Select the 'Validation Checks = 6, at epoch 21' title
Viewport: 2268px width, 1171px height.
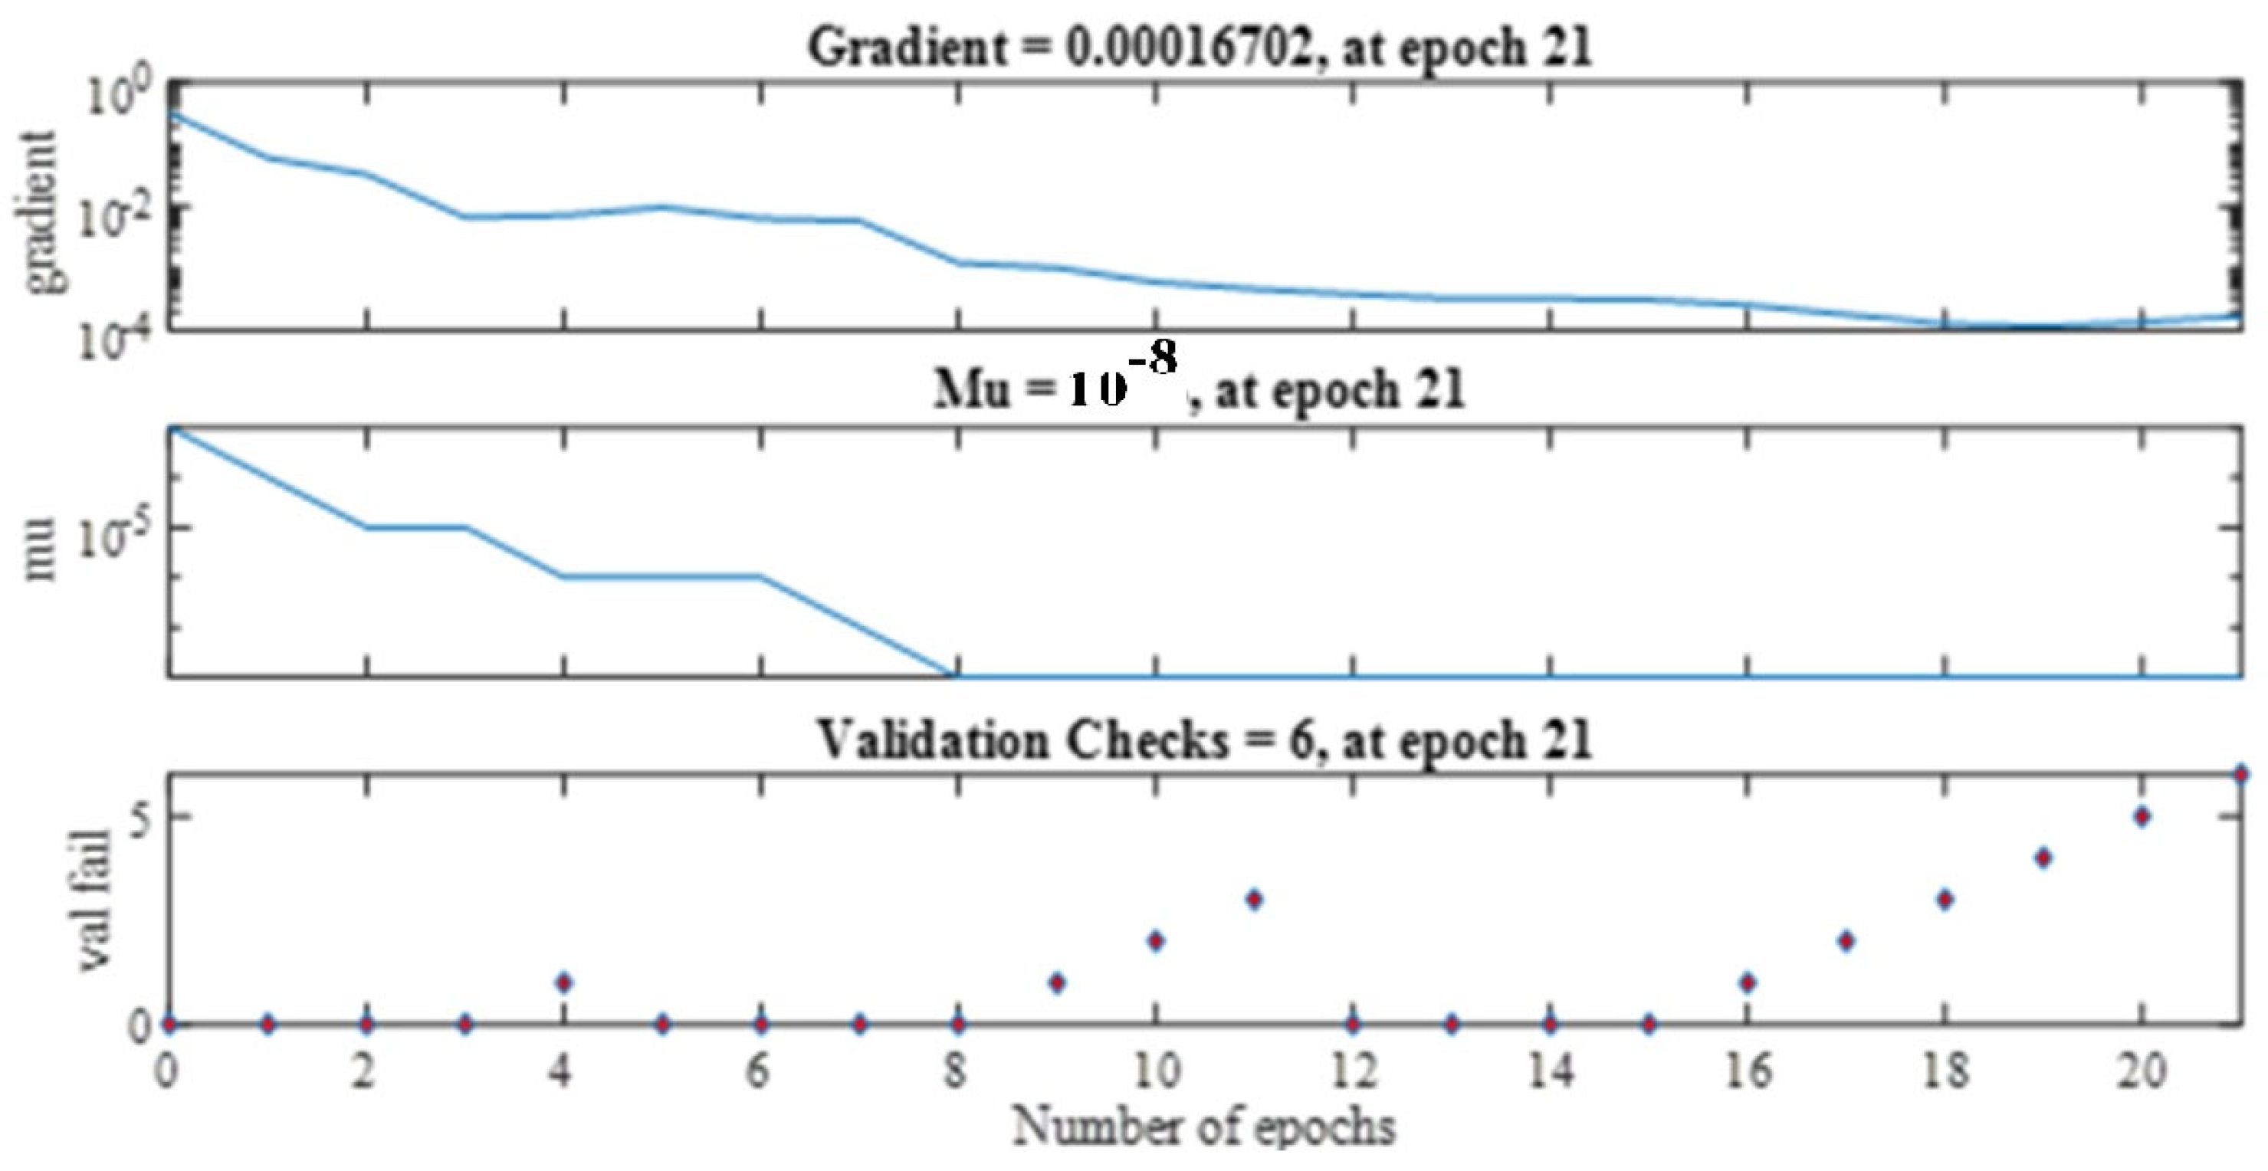pos(1204,740)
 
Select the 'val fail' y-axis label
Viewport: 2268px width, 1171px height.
pos(94,900)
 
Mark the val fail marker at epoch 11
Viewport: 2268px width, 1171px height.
pos(1255,899)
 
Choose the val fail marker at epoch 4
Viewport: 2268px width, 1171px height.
pos(564,982)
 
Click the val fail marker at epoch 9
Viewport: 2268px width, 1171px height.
pos(1058,982)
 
